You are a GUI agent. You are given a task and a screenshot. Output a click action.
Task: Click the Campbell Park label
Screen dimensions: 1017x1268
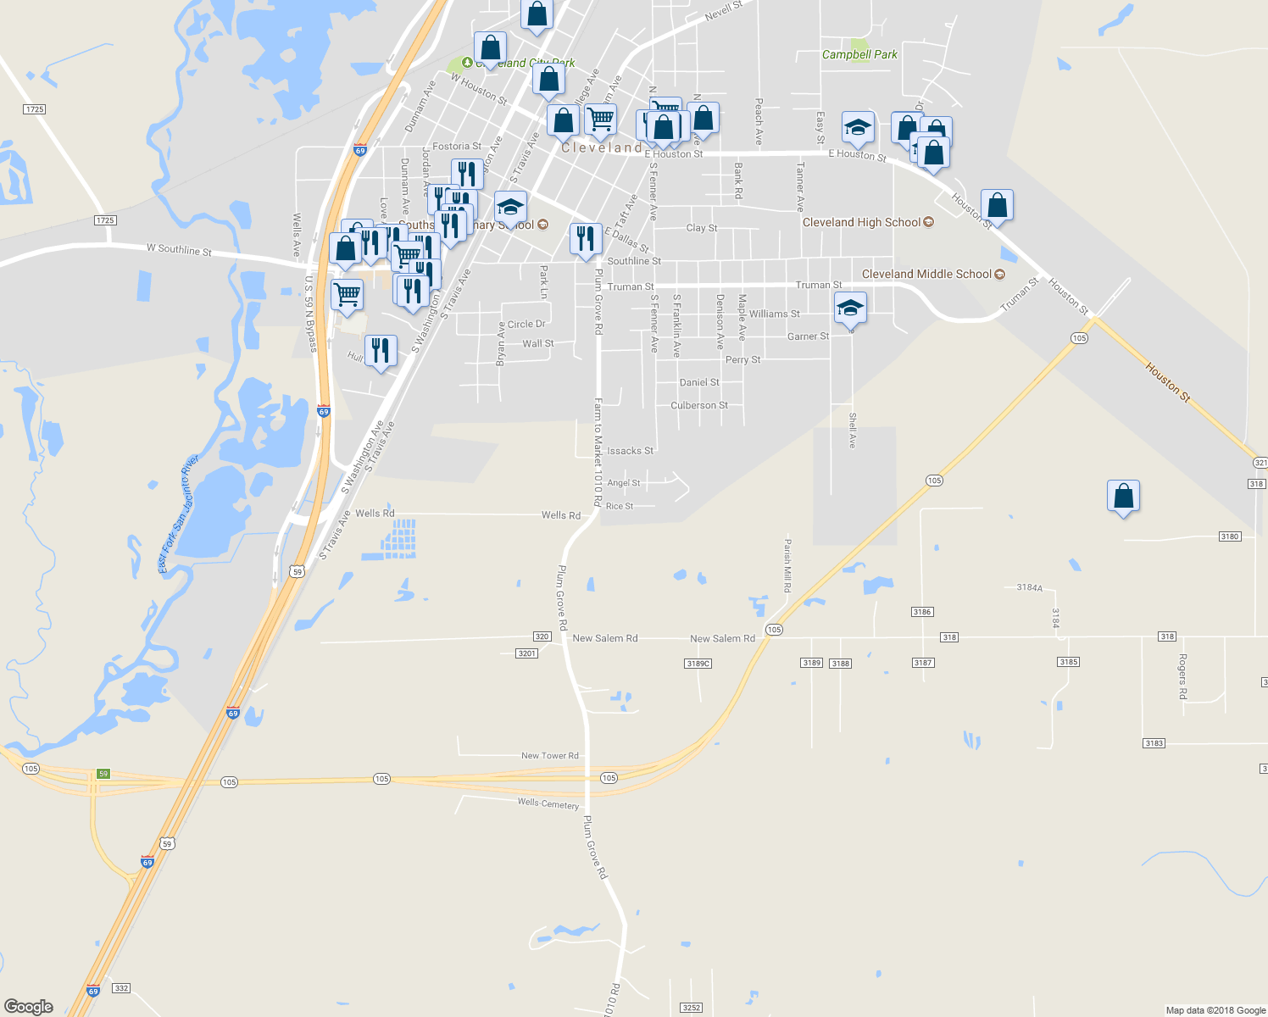click(859, 54)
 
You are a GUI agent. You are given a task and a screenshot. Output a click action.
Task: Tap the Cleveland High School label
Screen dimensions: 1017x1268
click(861, 222)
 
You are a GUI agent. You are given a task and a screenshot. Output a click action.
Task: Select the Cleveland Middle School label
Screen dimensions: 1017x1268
click(926, 274)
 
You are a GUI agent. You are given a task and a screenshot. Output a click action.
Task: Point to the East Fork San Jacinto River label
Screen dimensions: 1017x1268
click(178, 514)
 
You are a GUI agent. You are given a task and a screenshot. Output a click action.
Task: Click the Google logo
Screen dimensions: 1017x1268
click(28, 1006)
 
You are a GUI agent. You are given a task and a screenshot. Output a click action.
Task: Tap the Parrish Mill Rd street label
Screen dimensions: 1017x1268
click(787, 565)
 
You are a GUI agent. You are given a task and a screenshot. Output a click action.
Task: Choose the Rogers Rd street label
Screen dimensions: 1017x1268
click(1182, 675)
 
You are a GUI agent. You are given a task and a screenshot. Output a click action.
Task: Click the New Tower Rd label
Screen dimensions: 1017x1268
click(549, 755)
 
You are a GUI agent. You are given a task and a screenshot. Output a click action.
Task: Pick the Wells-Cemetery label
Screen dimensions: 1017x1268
click(548, 803)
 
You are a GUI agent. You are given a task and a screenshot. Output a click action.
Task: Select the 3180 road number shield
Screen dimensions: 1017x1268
click(1229, 536)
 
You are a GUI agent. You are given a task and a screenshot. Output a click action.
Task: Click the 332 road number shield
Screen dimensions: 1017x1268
click(121, 988)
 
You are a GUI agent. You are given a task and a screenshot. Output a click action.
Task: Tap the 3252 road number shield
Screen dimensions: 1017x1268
click(691, 1008)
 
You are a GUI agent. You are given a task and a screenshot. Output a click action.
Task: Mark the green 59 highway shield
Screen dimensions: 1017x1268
click(103, 774)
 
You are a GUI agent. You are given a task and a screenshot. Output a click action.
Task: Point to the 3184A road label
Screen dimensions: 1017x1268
click(1029, 587)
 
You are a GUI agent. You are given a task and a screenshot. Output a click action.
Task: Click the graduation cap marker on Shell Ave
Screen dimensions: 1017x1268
click(850, 308)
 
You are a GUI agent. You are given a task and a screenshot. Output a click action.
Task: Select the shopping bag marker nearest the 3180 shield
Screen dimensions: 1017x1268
click(1123, 497)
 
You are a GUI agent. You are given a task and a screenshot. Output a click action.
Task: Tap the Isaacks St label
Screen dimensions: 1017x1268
click(630, 451)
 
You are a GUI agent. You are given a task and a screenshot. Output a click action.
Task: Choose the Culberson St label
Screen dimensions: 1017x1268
click(699, 405)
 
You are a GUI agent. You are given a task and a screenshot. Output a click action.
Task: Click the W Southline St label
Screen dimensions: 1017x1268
click(179, 249)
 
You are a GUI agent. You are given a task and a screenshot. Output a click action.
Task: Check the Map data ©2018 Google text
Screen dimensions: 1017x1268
click(1215, 1010)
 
